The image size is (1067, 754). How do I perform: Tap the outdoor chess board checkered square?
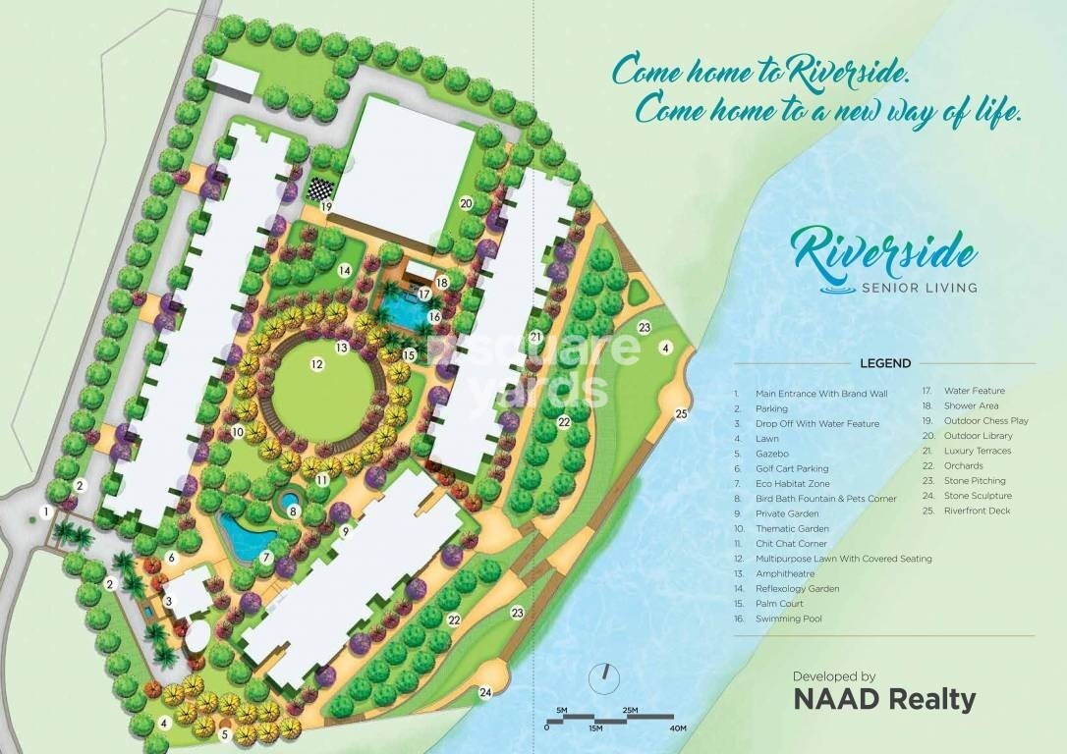pyautogui.click(x=320, y=188)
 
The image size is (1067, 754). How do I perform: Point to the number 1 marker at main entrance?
pyautogui.click(x=45, y=511)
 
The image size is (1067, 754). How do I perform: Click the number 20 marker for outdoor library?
pyautogui.click(x=466, y=204)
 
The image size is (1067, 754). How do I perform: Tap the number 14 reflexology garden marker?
pyautogui.click(x=345, y=270)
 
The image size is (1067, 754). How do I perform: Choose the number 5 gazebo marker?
pyautogui.click(x=224, y=732)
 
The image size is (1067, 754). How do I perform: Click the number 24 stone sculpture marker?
pyautogui.click(x=485, y=692)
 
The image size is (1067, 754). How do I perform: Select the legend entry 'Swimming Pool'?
pyautogui.click(x=789, y=619)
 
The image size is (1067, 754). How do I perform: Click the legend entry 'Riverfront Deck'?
pyautogui.click(x=976, y=511)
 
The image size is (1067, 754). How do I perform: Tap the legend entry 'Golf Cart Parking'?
pyautogui.click(x=792, y=468)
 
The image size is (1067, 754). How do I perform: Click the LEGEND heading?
pyautogui.click(x=884, y=363)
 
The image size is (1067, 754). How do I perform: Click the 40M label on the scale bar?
pyautogui.click(x=677, y=727)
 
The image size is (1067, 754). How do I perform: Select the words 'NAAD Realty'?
pyautogui.click(x=884, y=700)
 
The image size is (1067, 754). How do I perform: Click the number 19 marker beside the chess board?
pyautogui.click(x=326, y=207)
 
